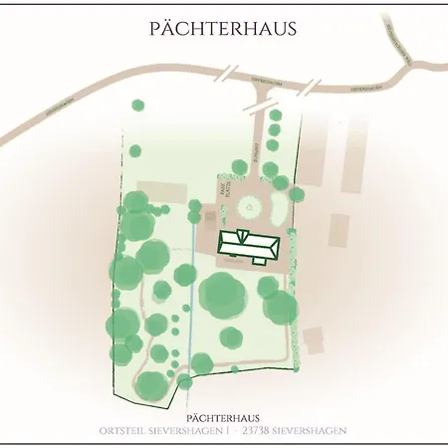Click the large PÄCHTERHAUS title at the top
pyautogui.click(x=223, y=28)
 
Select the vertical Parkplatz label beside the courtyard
pyautogui.click(x=222, y=189)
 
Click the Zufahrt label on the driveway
pyautogui.click(x=255, y=150)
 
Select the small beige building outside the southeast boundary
pyautogui.click(x=314, y=339)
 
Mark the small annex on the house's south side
pyautogui.click(x=259, y=259)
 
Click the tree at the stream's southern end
pyautogui.click(x=185, y=381)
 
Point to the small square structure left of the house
pyautogui.click(x=210, y=216)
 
